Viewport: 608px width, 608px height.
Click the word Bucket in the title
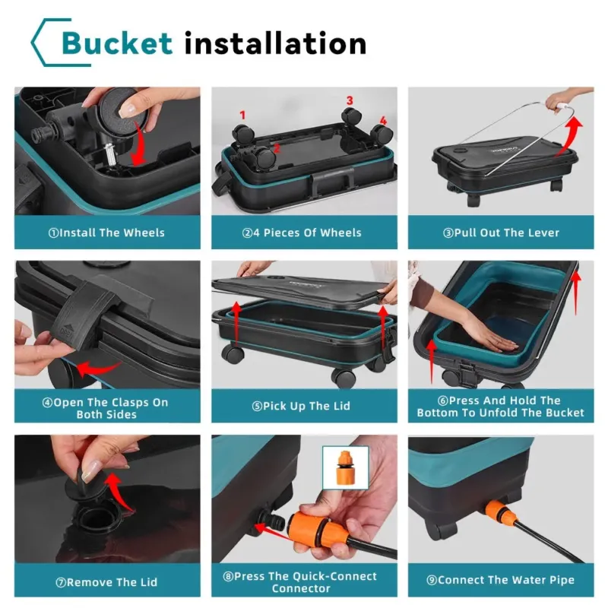click(x=117, y=43)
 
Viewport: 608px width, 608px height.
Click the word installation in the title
click(x=275, y=43)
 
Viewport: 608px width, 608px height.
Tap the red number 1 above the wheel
click(x=242, y=116)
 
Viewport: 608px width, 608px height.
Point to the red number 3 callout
click(x=350, y=100)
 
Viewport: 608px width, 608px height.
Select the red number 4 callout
click(x=383, y=121)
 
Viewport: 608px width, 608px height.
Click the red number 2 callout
click(x=277, y=148)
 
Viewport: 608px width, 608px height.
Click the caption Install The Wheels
click(x=106, y=233)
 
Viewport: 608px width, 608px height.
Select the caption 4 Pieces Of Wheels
click(x=302, y=233)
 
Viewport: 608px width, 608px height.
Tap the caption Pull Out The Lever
click(x=501, y=233)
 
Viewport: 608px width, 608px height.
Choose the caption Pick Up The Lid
click(x=301, y=406)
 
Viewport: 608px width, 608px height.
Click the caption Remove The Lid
click(x=106, y=582)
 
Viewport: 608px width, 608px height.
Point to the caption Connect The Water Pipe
click(x=501, y=580)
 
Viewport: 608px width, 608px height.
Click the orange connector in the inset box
click(x=344, y=467)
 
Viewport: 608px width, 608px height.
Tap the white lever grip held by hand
click(x=561, y=106)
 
